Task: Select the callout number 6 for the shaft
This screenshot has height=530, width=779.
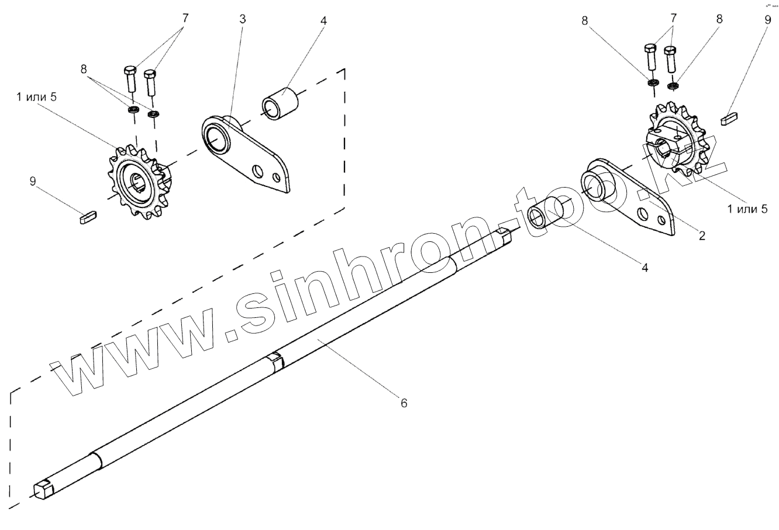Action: tap(404, 403)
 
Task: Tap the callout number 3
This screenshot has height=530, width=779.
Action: tap(243, 19)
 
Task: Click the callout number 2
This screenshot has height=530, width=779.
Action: tap(702, 236)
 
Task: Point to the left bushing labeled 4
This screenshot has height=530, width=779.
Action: tap(280, 103)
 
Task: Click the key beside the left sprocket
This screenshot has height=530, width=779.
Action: tap(88, 217)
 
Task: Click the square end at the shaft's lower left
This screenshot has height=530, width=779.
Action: tap(43, 488)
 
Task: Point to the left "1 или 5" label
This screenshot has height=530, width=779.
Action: tap(37, 97)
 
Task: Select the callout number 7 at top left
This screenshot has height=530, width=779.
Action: tap(185, 18)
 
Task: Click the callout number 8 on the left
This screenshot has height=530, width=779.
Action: tap(86, 68)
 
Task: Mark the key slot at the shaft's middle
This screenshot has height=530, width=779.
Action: tap(275, 361)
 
